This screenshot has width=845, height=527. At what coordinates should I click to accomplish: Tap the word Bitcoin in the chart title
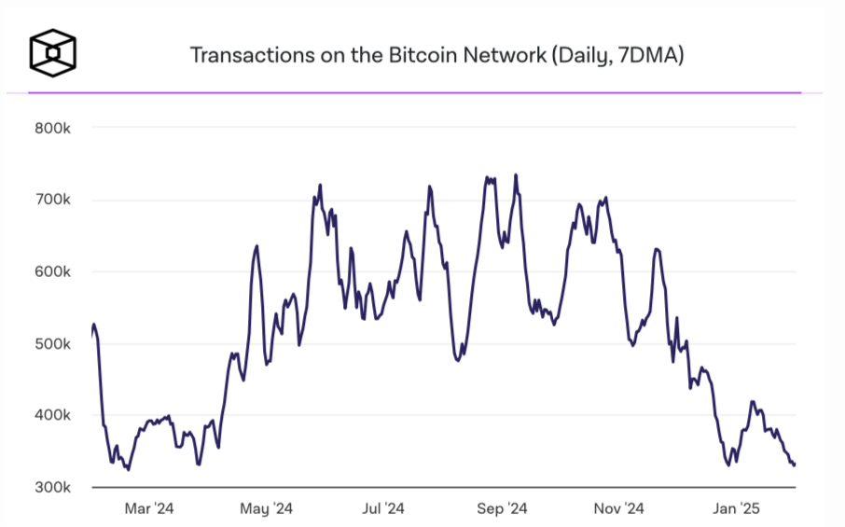(422, 54)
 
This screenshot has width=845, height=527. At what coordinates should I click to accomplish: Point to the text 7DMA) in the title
(652, 54)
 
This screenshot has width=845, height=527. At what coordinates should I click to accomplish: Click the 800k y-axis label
(53, 128)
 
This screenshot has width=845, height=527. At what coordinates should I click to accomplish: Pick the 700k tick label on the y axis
(53, 200)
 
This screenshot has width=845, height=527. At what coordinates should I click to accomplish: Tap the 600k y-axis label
(53, 271)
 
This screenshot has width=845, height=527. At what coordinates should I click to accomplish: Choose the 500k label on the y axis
(53, 343)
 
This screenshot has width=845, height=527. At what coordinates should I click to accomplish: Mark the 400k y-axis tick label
(53, 415)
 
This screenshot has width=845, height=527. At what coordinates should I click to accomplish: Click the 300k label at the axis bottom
(53, 487)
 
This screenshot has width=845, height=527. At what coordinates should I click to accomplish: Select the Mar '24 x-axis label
(149, 508)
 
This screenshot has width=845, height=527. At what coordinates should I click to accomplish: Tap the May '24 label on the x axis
(267, 508)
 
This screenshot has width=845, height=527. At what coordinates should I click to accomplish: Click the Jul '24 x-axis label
(382, 508)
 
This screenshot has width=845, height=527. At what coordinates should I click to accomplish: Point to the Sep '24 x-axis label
(502, 508)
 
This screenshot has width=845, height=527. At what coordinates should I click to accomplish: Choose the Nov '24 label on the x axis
(619, 508)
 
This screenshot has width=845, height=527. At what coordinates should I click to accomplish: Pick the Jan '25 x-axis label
(737, 508)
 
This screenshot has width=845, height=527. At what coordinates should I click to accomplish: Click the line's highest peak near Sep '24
(516, 174)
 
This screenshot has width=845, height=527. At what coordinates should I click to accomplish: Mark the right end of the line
(794, 465)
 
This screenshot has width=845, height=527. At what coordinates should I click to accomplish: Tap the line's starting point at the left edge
(91, 334)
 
